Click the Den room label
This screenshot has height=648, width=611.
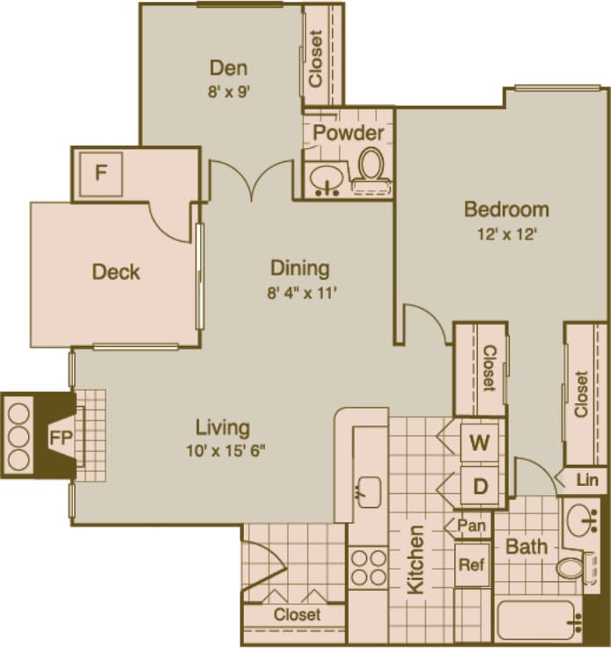pos(228,68)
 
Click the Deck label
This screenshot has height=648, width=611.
pos(116,272)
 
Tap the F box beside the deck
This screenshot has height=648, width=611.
pos(101,172)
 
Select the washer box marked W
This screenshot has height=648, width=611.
pos(479,443)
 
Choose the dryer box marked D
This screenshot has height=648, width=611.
pos(480,486)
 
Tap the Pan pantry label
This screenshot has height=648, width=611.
pos(471,526)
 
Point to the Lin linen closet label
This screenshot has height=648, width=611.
pos(585,481)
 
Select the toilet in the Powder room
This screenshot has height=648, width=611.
pos(372,168)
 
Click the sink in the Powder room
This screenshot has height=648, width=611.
pos(328,180)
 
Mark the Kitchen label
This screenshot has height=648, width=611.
pos(416,560)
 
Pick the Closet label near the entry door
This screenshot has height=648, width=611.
pos(297,615)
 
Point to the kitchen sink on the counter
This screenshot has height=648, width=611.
pos(369,490)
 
